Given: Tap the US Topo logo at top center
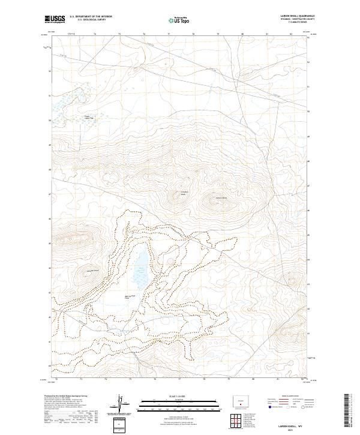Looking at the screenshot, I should [x=179, y=20].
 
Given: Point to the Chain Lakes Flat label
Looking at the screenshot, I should [x=89, y=118].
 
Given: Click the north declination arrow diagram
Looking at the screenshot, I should [x=122, y=405].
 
